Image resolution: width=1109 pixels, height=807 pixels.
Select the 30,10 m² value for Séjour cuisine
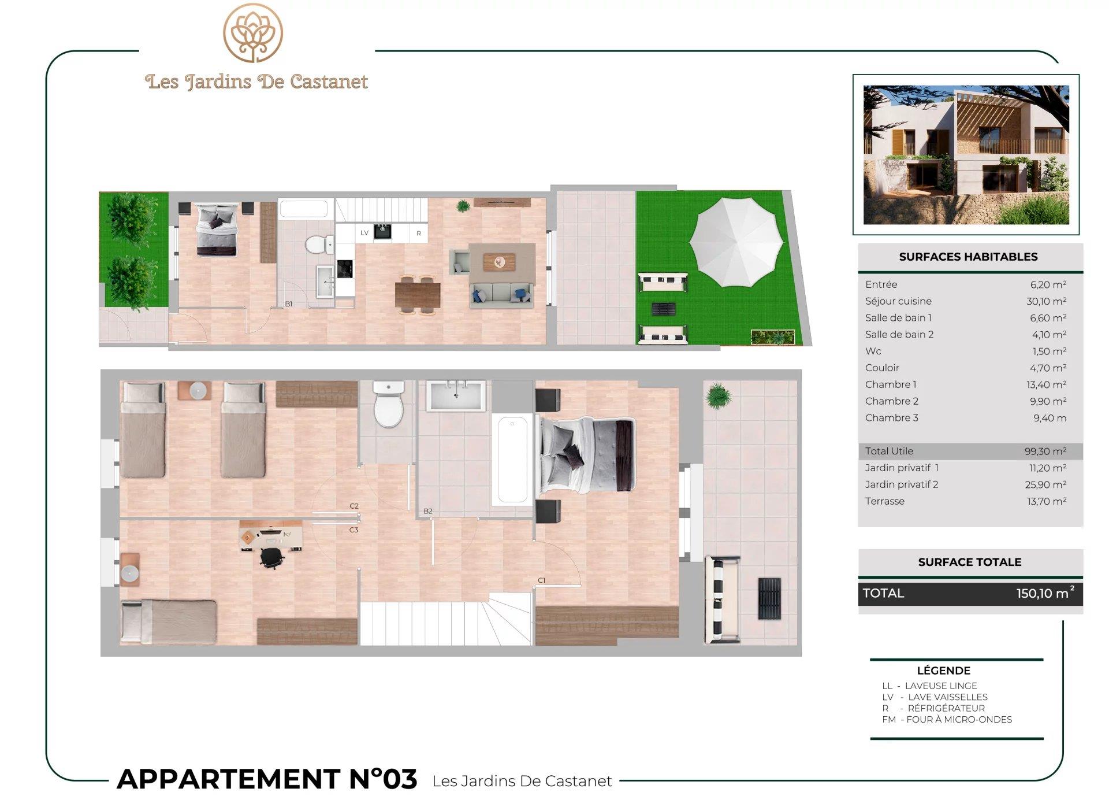[x=1046, y=301]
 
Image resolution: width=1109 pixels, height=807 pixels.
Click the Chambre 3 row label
[x=891, y=418]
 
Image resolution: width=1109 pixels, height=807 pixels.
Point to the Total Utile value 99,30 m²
[x=1045, y=451]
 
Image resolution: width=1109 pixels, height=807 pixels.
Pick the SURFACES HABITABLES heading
[x=968, y=257]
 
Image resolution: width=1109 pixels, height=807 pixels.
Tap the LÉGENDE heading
[x=943, y=671]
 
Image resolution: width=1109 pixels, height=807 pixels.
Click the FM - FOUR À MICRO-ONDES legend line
[x=947, y=720]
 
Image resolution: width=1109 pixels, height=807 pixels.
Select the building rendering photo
[x=966, y=155]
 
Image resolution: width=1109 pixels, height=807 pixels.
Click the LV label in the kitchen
[x=364, y=233]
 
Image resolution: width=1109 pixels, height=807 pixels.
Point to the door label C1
[x=541, y=580]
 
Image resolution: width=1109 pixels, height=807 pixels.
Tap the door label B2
[x=428, y=511]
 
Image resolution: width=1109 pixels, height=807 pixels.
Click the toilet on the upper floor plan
[x=388, y=403]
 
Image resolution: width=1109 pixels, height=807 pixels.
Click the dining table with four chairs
[x=418, y=294]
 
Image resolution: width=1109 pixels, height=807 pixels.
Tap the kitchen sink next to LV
[x=382, y=231]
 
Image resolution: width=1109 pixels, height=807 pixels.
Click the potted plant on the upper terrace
[x=718, y=395]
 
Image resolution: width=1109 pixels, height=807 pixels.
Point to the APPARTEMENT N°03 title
[x=267, y=779]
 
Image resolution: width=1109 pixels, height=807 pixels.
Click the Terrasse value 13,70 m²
[x=1047, y=502]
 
